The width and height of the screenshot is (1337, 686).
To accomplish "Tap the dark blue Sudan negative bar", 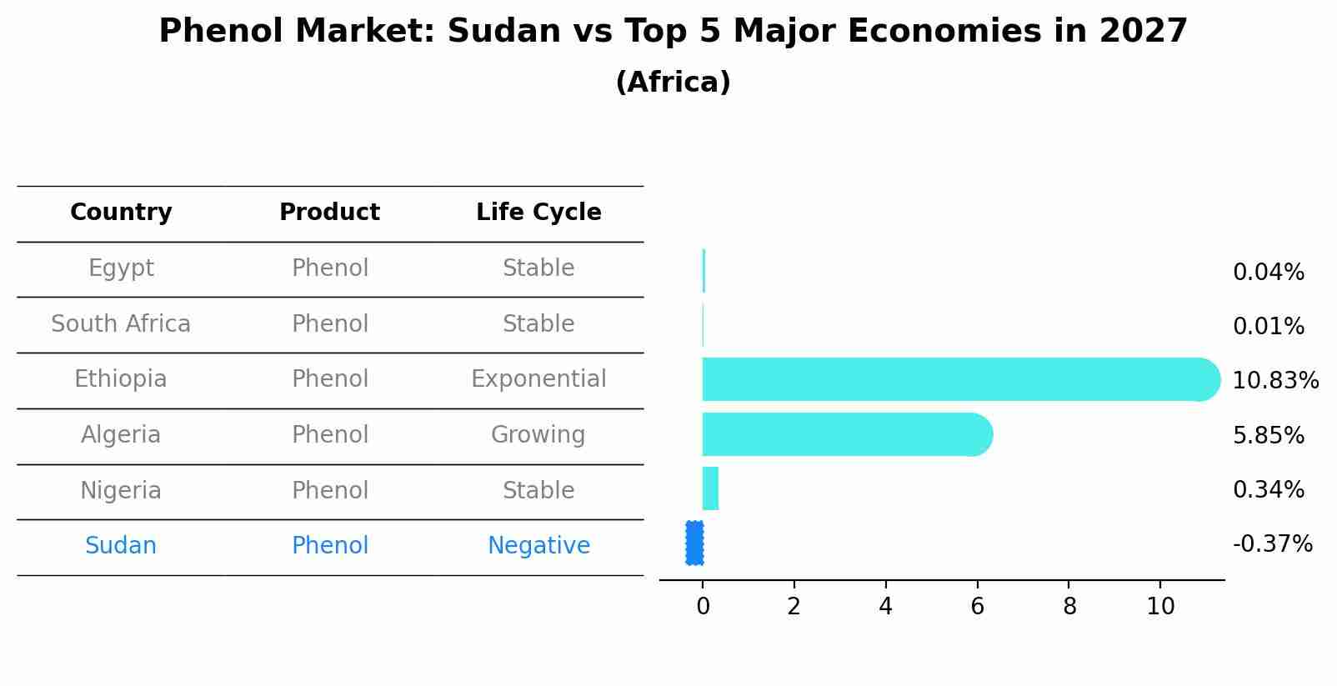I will point(694,543).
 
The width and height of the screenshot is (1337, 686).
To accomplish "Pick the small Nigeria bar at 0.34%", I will point(710,488).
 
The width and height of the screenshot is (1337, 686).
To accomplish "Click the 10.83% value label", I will point(1274,381).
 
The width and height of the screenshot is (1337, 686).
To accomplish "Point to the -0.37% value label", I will point(1272,544).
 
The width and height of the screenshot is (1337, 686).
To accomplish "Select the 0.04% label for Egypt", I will point(1268,273).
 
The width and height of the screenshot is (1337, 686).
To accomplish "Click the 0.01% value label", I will point(1268,327).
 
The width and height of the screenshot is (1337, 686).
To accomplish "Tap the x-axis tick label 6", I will point(977,607).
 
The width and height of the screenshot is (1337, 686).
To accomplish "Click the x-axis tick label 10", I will point(1160,607).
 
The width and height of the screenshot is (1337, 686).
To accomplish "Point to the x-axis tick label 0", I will point(703,607).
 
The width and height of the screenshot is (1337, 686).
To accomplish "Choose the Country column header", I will point(121,213).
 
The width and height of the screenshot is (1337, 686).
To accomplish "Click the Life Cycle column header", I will point(538,213).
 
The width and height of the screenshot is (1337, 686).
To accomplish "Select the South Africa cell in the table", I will point(121,324).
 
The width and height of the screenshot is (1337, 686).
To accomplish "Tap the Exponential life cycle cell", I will point(538,379).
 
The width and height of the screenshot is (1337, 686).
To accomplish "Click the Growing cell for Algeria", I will point(538,435).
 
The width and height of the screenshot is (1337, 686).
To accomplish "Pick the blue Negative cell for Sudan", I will point(538,546).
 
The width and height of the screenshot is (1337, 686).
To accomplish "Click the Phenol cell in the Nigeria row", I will point(330,490).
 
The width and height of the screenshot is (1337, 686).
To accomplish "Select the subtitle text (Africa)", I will point(673,83).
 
